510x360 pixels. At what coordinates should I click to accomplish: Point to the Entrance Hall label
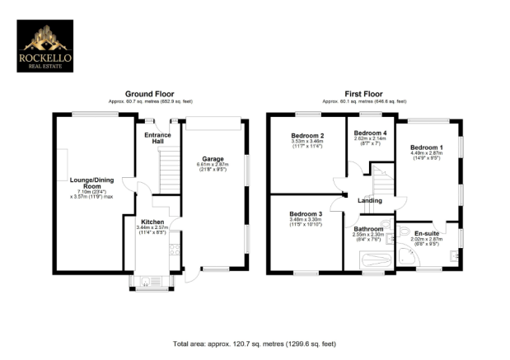157,138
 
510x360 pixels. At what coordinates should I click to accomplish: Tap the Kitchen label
152,222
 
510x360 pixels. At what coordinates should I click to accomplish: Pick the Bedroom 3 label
306,213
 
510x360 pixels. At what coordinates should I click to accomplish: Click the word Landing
369,200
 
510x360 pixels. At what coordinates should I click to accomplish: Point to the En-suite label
427,233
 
